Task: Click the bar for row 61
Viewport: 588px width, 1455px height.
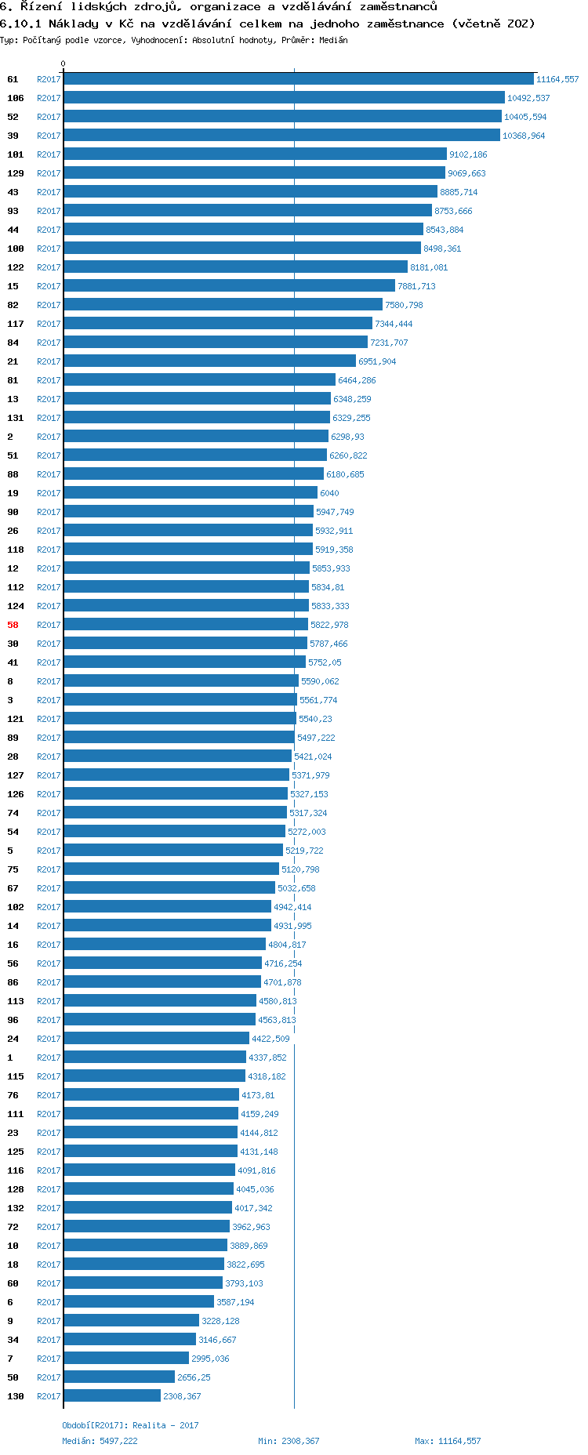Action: click(x=298, y=79)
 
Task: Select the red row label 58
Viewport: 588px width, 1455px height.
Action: click(x=13, y=625)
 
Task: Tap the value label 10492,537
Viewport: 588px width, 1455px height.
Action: click(x=528, y=98)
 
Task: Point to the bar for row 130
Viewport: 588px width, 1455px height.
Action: click(x=112, y=1396)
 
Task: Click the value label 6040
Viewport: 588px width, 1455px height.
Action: click(x=329, y=493)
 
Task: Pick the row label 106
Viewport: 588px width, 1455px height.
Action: click(x=16, y=98)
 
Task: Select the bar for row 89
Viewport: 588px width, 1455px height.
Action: click(x=179, y=738)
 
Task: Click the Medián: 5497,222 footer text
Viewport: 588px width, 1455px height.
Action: click(x=100, y=1441)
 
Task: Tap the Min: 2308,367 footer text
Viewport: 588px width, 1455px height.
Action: click(x=289, y=1441)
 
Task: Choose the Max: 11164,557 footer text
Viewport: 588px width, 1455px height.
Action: click(x=448, y=1441)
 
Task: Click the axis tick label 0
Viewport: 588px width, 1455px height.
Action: click(x=64, y=64)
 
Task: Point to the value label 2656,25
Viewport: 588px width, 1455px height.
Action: click(x=194, y=1377)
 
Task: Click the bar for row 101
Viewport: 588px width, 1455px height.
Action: click(x=255, y=154)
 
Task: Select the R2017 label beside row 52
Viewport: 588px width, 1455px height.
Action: click(x=49, y=117)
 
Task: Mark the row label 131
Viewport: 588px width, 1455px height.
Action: click(x=16, y=418)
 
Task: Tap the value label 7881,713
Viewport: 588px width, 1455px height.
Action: click(x=416, y=286)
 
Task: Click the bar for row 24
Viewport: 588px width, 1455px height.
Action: click(x=156, y=1039)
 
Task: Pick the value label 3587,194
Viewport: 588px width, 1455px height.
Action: click(x=235, y=1302)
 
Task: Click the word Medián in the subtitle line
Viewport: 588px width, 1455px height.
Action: click(x=333, y=40)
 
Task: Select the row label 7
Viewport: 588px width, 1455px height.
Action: click(x=10, y=1359)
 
